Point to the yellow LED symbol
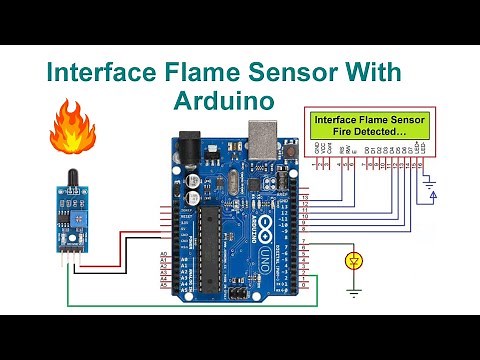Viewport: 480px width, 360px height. pos(352,262)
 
